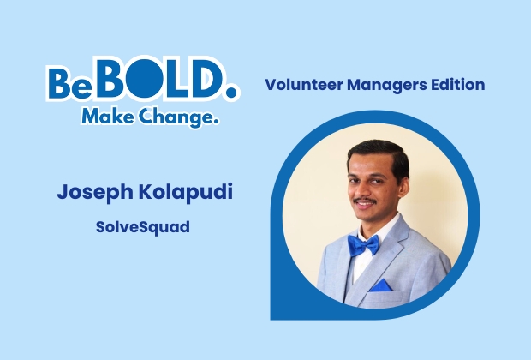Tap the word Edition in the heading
456,85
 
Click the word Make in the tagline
105,117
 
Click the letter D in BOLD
195,81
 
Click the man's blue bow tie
362,246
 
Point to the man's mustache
364,202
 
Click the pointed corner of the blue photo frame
274,315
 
